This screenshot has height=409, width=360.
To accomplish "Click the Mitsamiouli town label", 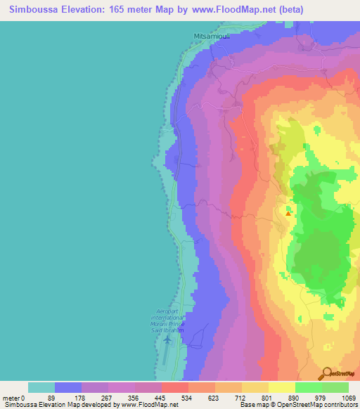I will (x=211, y=34).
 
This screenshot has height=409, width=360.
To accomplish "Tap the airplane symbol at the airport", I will (x=167, y=340).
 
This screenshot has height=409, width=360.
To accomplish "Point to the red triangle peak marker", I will (x=288, y=209).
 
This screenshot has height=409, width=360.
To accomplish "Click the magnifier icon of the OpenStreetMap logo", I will (x=327, y=373).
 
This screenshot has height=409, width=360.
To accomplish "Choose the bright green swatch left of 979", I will (x=309, y=387).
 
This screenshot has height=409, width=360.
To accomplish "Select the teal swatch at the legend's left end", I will (x=41, y=387).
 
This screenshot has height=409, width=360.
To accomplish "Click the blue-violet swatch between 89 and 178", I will (x=68, y=387).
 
